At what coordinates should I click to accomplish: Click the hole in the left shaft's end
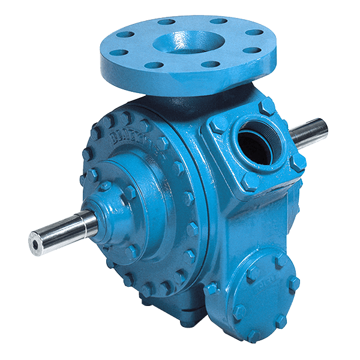click(35, 240)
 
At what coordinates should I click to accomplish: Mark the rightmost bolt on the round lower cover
click(293, 283)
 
